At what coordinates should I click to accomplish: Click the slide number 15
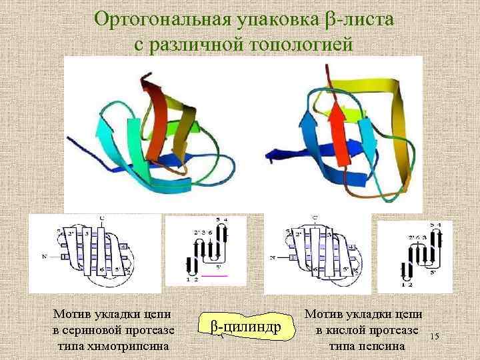(434, 337)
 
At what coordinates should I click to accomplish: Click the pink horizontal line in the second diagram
(215, 275)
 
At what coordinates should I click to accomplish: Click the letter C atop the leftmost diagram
(101, 218)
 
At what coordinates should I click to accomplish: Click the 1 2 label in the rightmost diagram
(407, 284)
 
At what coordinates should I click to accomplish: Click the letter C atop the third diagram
(315, 218)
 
